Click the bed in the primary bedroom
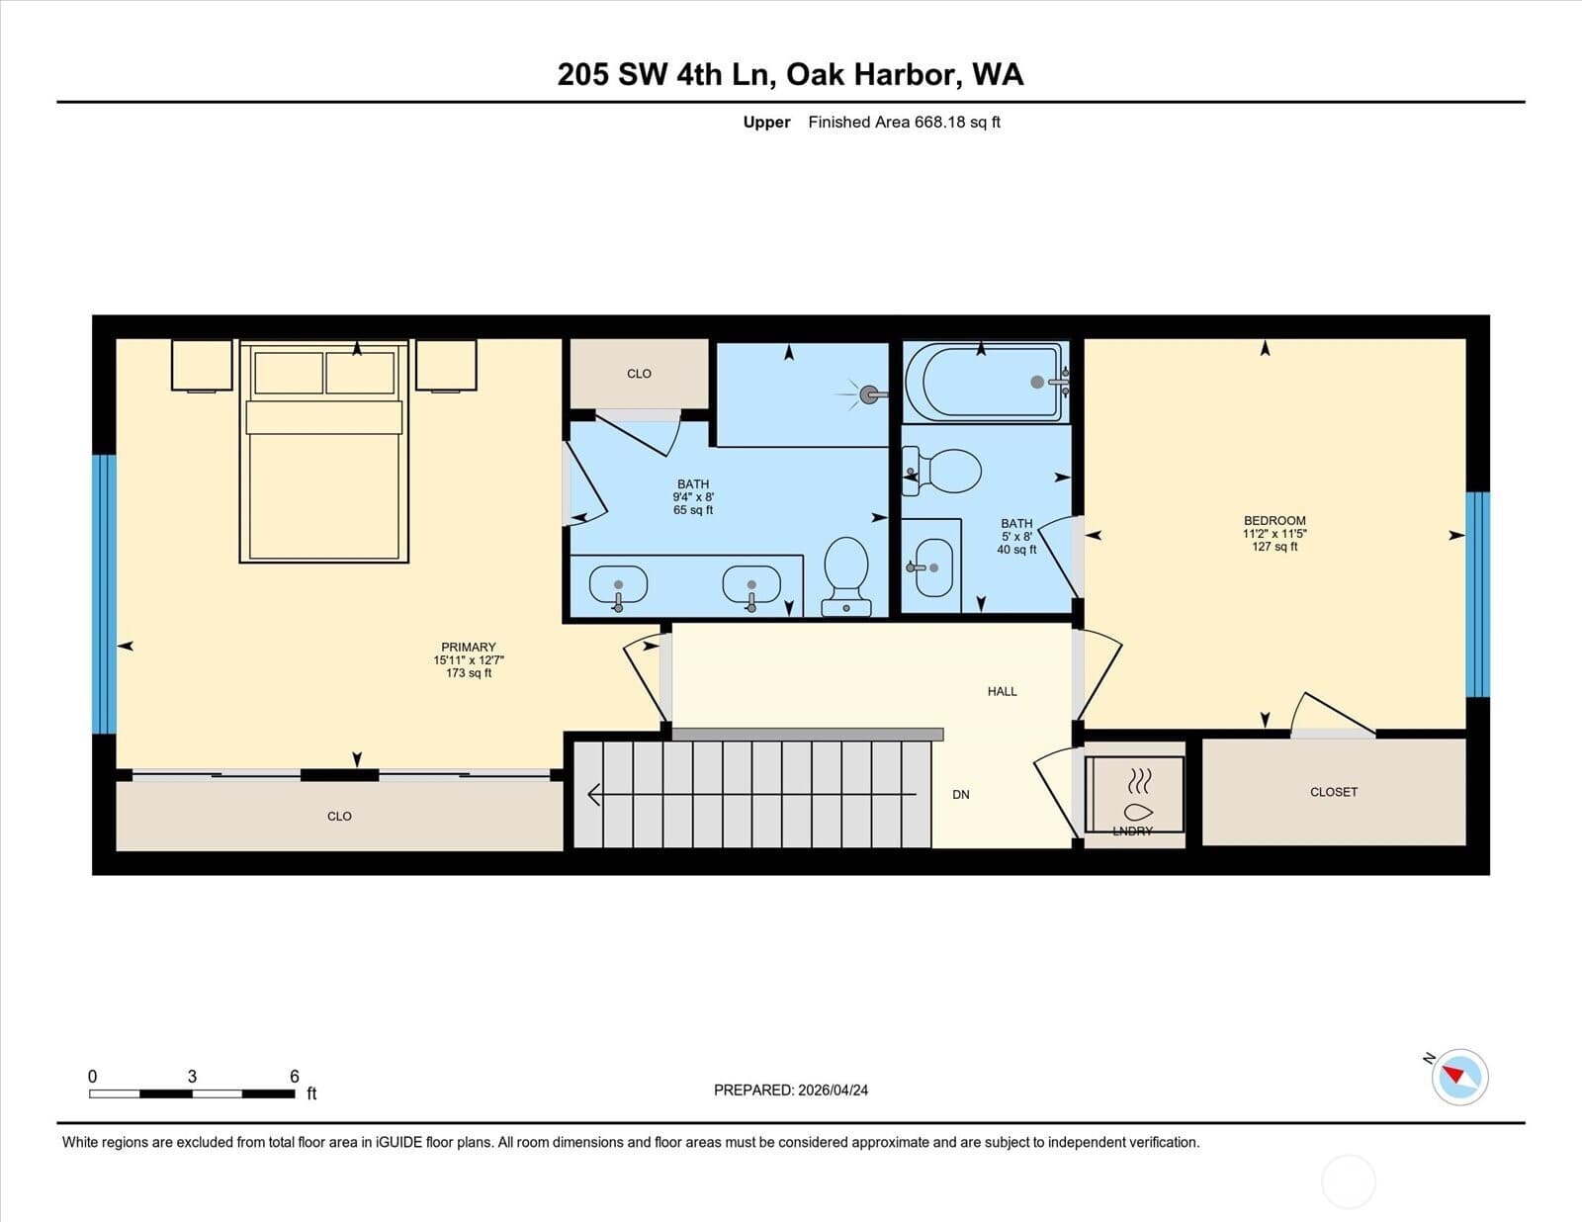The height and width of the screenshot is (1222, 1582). (x=324, y=451)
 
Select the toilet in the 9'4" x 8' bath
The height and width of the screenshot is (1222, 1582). (x=846, y=577)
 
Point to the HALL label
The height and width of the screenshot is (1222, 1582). (x=1002, y=691)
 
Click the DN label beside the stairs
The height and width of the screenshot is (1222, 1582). (x=961, y=795)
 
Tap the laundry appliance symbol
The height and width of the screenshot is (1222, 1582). (x=1134, y=794)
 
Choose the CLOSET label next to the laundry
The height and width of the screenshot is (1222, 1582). (x=1334, y=792)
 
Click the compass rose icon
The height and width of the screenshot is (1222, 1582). (x=1459, y=1078)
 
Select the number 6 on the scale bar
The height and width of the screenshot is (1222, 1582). (x=294, y=1077)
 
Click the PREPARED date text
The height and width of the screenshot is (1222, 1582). (x=791, y=1091)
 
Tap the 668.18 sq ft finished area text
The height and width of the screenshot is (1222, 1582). (x=957, y=123)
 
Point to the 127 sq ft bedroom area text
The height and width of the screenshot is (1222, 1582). (x=1274, y=547)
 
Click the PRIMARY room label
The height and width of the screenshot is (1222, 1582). (x=468, y=647)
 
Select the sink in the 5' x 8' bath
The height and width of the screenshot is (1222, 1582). (x=932, y=567)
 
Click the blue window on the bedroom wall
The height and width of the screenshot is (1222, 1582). (x=1477, y=594)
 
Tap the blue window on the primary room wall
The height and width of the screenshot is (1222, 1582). (x=104, y=594)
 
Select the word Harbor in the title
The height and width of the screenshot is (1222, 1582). (x=904, y=74)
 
